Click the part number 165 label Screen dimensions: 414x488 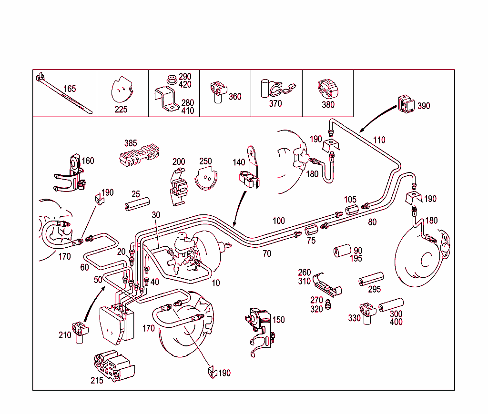coord(70,89)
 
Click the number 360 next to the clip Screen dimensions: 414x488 coord(235,96)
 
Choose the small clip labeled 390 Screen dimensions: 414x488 coord(406,104)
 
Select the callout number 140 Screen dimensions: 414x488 coord(239,162)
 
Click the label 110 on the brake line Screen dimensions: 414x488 coord(379,140)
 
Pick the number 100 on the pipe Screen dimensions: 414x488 coord(279,221)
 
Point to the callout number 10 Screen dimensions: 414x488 coord(216,283)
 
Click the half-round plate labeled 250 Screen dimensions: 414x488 coord(207,178)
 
